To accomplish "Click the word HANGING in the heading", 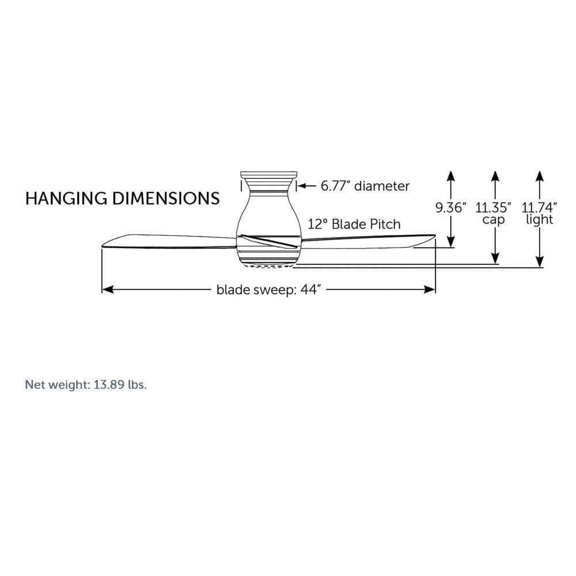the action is pyautogui.click(x=66, y=198).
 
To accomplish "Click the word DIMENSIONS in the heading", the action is pyautogui.click(x=166, y=198).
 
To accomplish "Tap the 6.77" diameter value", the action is pyautogui.click(x=335, y=186).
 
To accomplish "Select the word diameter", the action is pyautogui.click(x=382, y=186).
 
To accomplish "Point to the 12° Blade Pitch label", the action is pyautogui.click(x=354, y=224).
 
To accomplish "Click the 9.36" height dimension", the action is pyautogui.click(x=450, y=208).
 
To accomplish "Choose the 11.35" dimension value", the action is pyautogui.click(x=493, y=208).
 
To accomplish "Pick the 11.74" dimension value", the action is pyautogui.click(x=539, y=208).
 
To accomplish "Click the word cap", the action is pyautogui.click(x=494, y=219).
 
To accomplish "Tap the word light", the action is pyautogui.click(x=539, y=219).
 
